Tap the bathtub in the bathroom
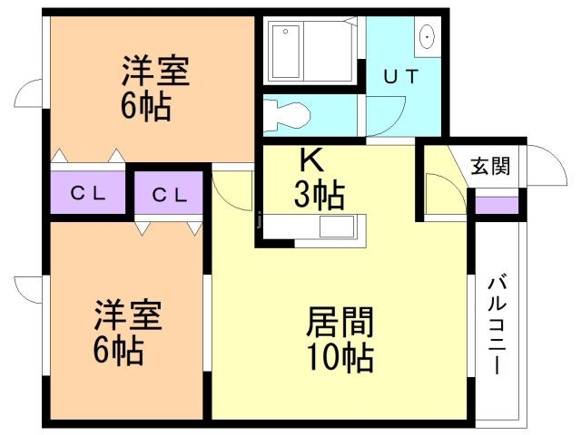[x=286, y=53]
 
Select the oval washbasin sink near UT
[x=428, y=36]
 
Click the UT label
[x=401, y=76]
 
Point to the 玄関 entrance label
[x=490, y=166]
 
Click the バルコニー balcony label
[x=497, y=326]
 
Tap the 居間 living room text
[x=340, y=322]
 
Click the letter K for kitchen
[x=311, y=161]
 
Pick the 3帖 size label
[x=320, y=196]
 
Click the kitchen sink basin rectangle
[x=337, y=227]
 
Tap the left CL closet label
[x=88, y=193]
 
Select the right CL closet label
[x=170, y=195]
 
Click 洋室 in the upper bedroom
[x=155, y=71]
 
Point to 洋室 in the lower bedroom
[x=128, y=315]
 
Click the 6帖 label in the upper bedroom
[x=146, y=107]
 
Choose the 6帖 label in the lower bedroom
[x=119, y=351]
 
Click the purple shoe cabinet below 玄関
[x=497, y=206]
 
